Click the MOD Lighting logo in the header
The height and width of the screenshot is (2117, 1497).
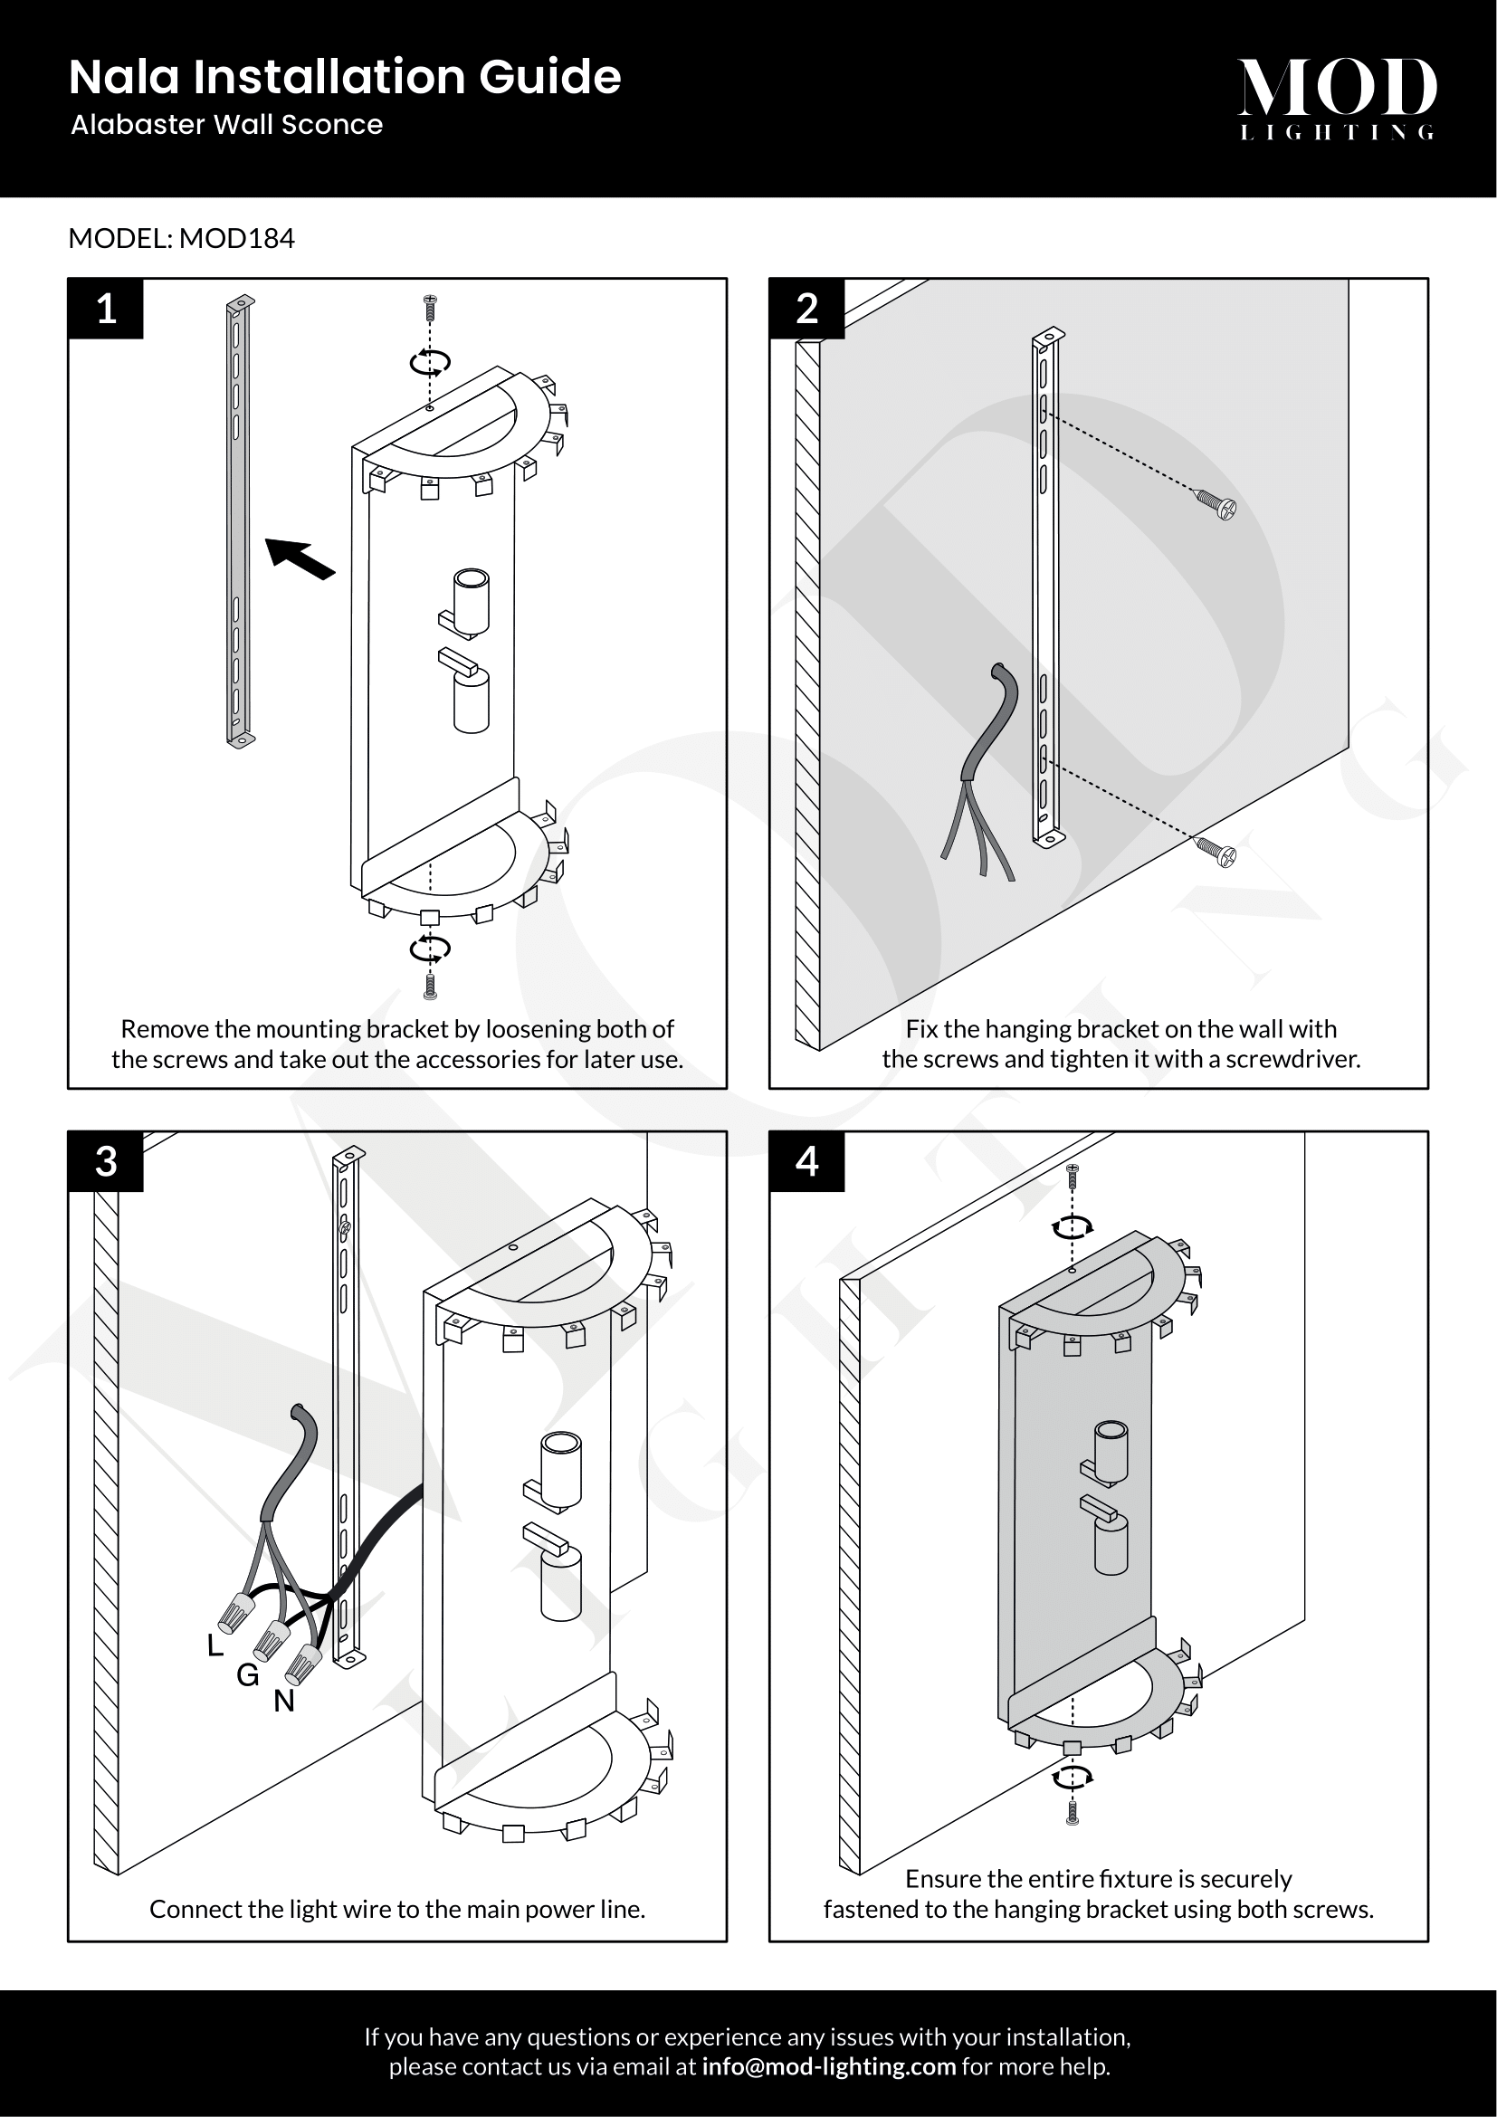(x=1337, y=98)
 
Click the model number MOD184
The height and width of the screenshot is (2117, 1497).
(x=237, y=239)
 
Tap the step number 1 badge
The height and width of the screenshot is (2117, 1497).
(x=106, y=308)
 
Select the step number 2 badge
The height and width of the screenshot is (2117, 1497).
(x=806, y=308)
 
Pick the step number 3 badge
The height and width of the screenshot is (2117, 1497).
(x=106, y=1161)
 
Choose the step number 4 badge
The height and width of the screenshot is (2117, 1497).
(x=806, y=1161)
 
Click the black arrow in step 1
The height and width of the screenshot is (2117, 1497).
(x=300, y=558)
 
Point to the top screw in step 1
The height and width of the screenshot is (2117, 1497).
(x=430, y=307)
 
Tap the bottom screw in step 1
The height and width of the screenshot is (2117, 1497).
(x=430, y=986)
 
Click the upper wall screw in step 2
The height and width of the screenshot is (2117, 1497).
(x=1216, y=504)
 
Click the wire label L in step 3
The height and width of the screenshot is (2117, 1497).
(x=215, y=1645)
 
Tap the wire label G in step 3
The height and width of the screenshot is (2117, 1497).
(x=247, y=1674)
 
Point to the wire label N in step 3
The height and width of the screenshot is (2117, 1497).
(x=284, y=1701)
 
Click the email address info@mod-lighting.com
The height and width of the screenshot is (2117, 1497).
(x=829, y=2066)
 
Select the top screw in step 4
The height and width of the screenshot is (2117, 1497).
(x=1072, y=1175)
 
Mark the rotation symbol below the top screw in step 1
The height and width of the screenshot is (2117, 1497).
(x=430, y=362)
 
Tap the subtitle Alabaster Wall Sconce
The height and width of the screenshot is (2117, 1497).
(x=227, y=125)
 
